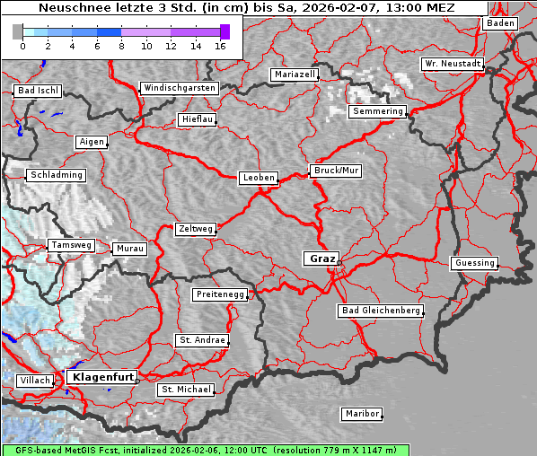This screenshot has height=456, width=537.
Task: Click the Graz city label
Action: tap(321, 259)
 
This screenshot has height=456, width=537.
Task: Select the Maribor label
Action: tap(362, 414)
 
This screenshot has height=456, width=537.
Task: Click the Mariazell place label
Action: tap(295, 75)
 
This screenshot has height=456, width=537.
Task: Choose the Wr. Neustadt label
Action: tap(453, 65)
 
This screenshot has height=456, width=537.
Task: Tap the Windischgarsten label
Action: tap(179, 88)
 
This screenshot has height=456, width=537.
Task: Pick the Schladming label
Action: tap(56, 175)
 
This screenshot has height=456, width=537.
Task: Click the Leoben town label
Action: tap(259, 178)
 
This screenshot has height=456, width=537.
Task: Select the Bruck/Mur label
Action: tap(336, 170)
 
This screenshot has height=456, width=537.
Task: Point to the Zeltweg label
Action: tap(195, 229)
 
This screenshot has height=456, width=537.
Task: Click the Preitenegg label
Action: tap(219, 294)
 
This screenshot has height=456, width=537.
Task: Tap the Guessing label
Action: tap(474, 263)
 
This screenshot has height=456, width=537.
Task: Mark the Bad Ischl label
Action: tap(38, 91)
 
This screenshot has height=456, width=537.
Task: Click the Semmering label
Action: tap(378, 111)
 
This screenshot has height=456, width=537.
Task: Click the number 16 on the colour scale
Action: tap(220, 46)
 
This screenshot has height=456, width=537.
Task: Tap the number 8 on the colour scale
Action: tap(121, 46)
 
